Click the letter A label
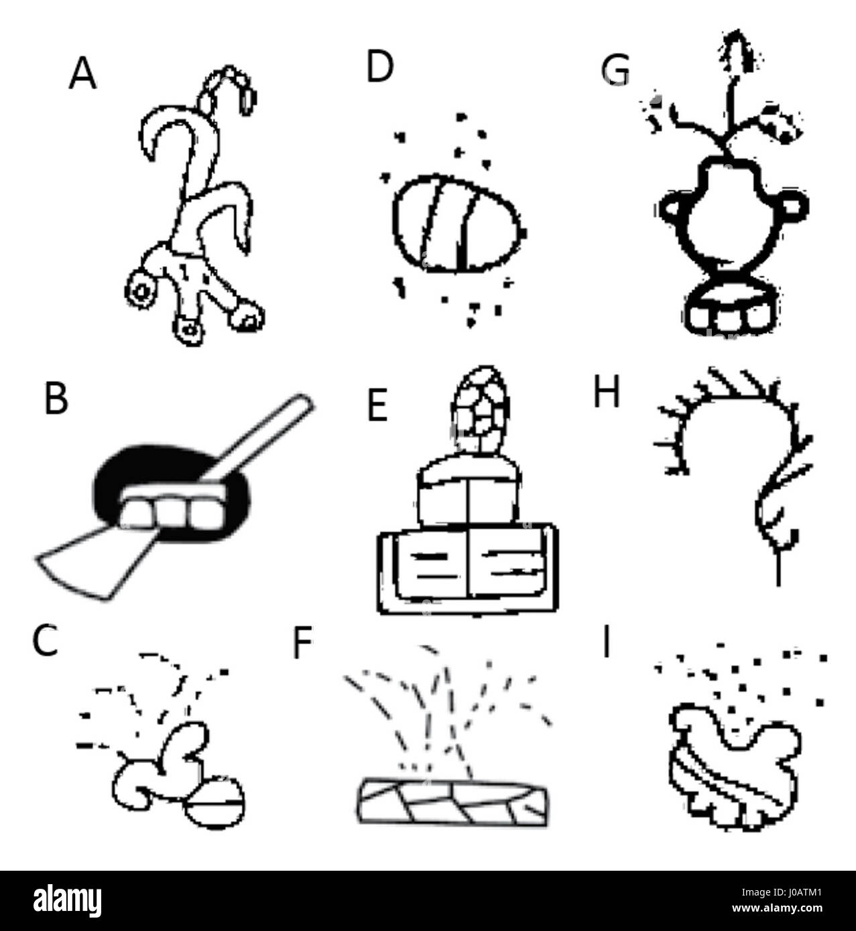click(82, 74)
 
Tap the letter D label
click(379, 68)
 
